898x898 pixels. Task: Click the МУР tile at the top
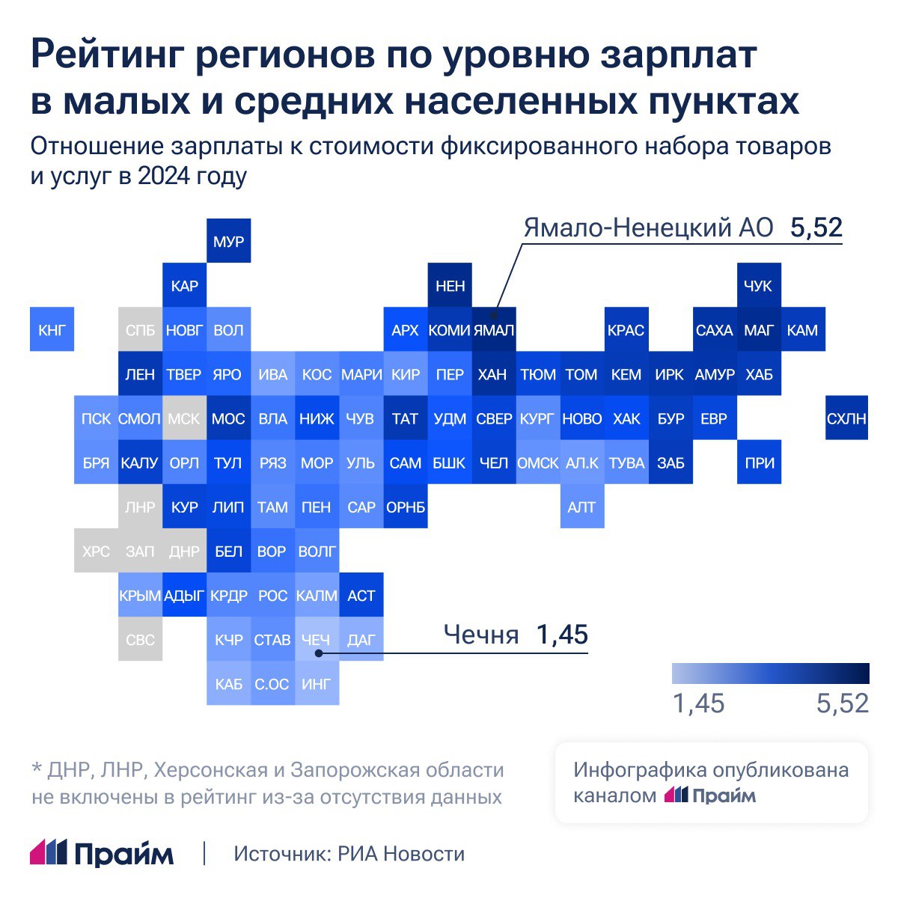tap(228, 242)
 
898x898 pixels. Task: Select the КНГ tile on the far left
tap(52, 329)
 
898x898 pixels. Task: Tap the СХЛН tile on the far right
tap(846, 418)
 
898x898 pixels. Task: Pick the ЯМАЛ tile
tap(494, 329)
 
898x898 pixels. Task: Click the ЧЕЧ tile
tap(317, 639)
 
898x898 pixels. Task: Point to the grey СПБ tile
tap(140, 329)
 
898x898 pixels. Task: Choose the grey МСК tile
tap(184, 418)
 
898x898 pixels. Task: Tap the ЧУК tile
tap(758, 285)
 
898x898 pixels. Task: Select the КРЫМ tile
tap(140, 595)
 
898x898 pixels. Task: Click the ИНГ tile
tap(317, 683)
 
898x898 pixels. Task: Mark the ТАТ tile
tap(405, 418)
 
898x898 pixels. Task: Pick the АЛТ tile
tap(581, 507)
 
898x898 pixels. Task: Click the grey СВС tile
tap(140, 639)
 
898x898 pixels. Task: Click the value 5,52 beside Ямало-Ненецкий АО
tap(816, 227)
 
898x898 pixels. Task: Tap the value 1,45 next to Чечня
tap(562, 635)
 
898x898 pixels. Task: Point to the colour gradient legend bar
tap(770, 673)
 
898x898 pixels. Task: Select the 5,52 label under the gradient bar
tap(842, 703)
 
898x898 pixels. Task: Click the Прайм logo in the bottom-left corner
tap(102, 853)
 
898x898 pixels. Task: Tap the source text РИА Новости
tap(401, 854)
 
